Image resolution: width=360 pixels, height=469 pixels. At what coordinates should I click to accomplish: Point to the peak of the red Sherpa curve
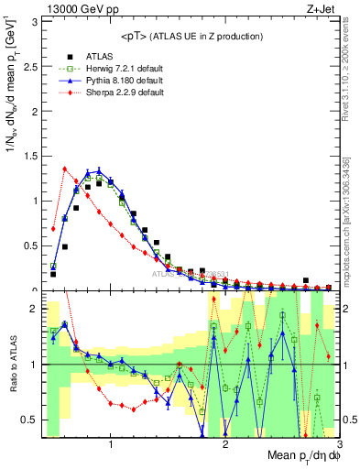click(64, 169)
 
